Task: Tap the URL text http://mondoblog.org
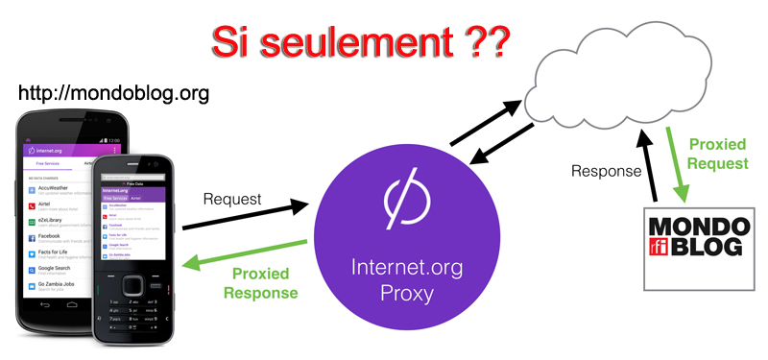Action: click(x=114, y=94)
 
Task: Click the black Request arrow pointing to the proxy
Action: click(x=246, y=215)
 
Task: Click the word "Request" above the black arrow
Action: click(x=230, y=198)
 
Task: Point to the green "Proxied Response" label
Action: click(x=260, y=279)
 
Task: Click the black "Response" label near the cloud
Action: click(x=606, y=172)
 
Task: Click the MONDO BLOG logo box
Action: click(x=699, y=246)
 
